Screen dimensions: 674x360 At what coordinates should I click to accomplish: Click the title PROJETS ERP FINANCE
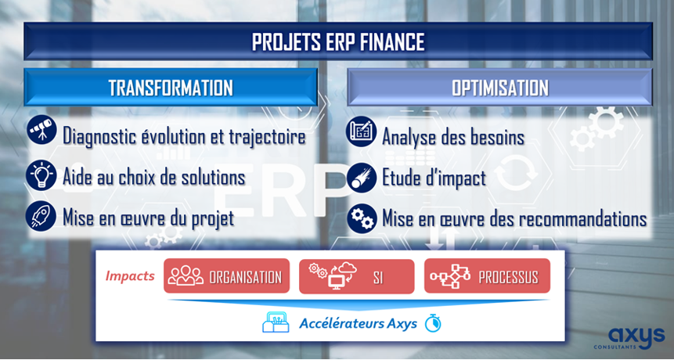tap(338, 41)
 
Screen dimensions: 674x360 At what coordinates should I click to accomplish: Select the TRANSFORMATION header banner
tap(171, 87)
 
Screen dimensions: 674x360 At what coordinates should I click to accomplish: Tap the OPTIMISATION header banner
tap(499, 87)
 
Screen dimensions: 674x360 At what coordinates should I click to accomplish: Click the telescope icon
tap(41, 129)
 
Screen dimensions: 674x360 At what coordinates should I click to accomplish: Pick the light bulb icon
tap(41, 175)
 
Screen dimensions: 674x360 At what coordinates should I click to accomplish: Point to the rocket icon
tap(41, 217)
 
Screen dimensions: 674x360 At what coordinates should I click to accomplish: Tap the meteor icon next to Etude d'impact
tap(361, 176)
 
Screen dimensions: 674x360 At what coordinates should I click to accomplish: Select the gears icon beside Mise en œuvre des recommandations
tap(362, 218)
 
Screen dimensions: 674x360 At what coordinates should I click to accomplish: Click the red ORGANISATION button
tap(226, 275)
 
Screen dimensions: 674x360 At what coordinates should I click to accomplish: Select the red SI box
tap(357, 275)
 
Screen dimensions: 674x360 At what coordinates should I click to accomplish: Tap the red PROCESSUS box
tap(487, 275)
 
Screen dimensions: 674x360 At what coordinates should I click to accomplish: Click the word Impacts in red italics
tap(130, 275)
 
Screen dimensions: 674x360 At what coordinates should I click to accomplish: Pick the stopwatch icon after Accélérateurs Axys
tap(433, 323)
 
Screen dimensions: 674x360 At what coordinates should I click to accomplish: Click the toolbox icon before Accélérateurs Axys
tap(276, 322)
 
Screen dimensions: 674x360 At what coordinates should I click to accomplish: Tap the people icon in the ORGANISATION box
tap(186, 275)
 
